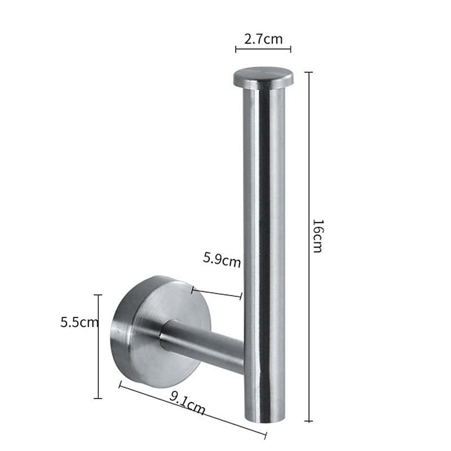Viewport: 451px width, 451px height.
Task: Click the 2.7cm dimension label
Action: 263,39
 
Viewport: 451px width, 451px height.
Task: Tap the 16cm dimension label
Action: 318,236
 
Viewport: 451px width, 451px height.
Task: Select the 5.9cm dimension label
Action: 222,260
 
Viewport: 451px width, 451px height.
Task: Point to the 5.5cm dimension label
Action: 79,322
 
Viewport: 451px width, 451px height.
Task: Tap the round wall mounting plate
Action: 160,331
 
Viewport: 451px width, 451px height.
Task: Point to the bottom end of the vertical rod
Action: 265,418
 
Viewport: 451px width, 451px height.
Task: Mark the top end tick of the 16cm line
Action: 308,72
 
